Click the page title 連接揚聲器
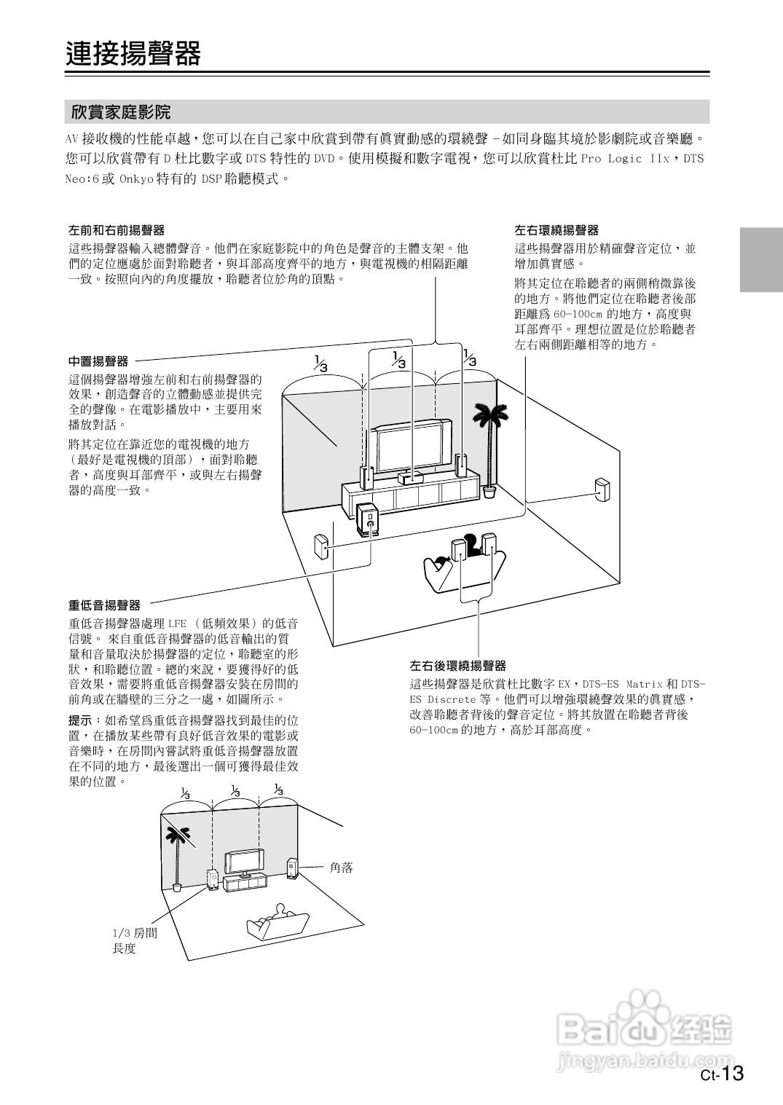coord(133,54)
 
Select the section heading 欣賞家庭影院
coord(121,112)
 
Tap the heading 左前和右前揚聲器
coord(117,230)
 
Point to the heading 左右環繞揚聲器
coord(556,230)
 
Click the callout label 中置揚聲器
coord(98,361)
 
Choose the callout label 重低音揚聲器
coord(104,605)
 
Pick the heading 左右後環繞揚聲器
coord(457,666)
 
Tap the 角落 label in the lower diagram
coord(341,868)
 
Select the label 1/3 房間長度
coord(134,940)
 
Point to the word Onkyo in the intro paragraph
coord(135,178)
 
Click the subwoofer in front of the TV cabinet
coord(368,520)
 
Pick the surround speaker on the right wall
coord(602,491)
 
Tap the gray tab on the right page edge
coord(761,259)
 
